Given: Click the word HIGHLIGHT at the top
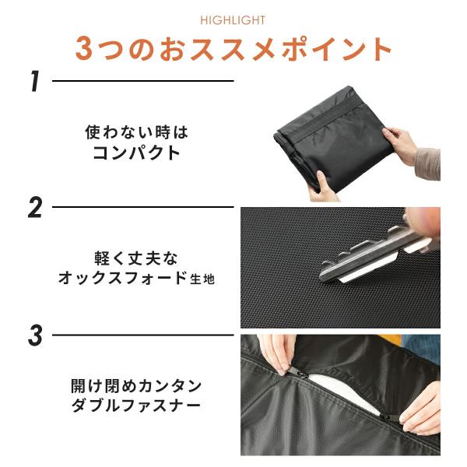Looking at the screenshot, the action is (233, 20).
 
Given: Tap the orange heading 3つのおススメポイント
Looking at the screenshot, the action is (233, 49).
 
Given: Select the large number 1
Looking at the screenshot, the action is (35, 81).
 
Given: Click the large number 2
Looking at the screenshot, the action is (35, 208).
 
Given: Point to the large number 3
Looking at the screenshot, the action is (35, 335).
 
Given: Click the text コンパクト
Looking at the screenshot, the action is (137, 153).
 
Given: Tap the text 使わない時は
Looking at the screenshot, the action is (137, 132).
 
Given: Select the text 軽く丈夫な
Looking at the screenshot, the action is (136, 258).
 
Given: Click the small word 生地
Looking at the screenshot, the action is (202, 279).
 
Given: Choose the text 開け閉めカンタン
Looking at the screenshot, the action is (136, 386).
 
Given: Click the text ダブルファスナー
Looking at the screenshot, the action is (136, 406).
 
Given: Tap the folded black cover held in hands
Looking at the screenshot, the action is (333, 140).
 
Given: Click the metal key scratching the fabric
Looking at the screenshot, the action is (375, 255).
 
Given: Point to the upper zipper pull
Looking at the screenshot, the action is (295, 371).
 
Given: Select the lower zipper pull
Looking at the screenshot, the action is (388, 417).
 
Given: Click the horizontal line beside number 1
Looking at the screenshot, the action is (143, 81).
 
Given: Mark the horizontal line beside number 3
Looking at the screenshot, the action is (143, 335).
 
